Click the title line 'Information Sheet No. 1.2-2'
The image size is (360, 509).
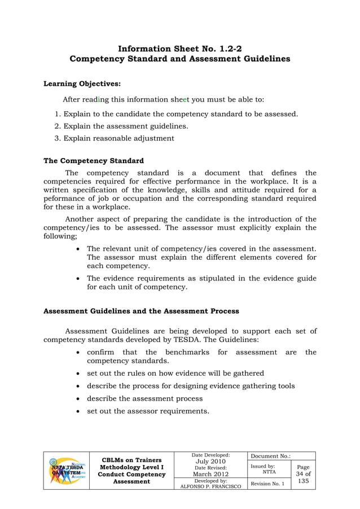pos(179,49)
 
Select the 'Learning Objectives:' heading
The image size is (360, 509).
pos(82,84)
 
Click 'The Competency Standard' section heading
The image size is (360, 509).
pos(94,161)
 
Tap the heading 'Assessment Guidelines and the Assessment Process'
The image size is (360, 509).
pos(141,311)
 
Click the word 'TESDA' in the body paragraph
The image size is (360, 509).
pos(215,340)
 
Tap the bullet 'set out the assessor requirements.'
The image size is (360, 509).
pos(148,411)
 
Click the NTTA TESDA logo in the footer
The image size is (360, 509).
pos(67,470)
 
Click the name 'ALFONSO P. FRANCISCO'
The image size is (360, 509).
pos(210,486)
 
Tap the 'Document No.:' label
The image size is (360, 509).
pos(269,456)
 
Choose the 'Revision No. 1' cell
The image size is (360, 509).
pos(267,484)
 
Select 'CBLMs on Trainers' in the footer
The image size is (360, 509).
pos(131,460)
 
